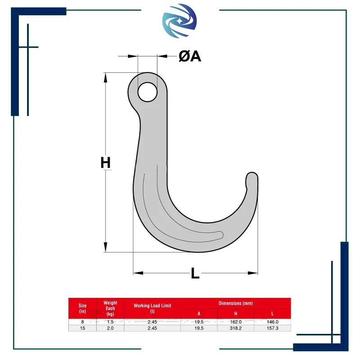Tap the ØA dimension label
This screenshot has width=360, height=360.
(190, 56)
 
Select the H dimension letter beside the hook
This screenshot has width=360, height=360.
(106, 162)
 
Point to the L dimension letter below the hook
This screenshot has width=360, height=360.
(195, 273)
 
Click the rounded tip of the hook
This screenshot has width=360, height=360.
(252, 177)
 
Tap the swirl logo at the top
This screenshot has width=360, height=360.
(179, 21)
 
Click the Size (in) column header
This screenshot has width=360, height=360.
(82, 308)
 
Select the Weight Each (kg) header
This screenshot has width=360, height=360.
(110, 308)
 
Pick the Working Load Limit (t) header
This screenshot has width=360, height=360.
(153, 308)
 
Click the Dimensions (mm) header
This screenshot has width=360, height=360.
(235, 303)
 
